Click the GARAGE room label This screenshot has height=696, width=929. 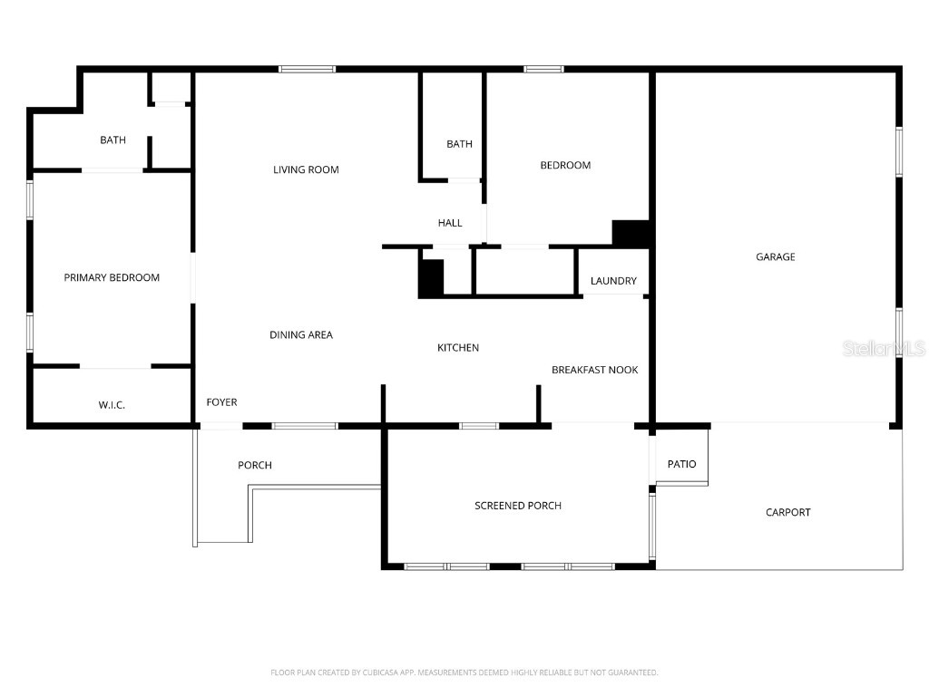[x=776, y=257]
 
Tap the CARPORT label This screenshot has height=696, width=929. [x=788, y=513]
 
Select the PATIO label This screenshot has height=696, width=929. [x=682, y=465]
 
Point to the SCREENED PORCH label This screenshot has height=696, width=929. [x=518, y=506]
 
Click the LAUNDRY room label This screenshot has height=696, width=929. [x=613, y=281]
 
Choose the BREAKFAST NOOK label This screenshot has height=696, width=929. [x=595, y=370]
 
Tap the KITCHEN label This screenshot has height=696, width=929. [x=458, y=348]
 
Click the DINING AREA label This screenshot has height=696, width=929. [x=301, y=335]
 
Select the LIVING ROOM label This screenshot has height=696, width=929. [x=306, y=169]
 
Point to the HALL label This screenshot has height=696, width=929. [x=450, y=223]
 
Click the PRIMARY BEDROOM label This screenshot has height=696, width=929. [x=112, y=278]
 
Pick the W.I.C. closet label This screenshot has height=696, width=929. [x=112, y=405]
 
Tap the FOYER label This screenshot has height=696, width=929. [x=222, y=402]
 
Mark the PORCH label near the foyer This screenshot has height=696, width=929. [x=255, y=466]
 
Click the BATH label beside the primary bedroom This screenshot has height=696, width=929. [x=113, y=140]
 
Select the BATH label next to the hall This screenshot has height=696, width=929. [x=460, y=144]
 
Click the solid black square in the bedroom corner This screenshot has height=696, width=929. [x=631, y=233]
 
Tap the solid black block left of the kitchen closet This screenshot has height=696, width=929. [x=431, y=278]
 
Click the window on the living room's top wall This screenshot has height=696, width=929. [x=307, y=69]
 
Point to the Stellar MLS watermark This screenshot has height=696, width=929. [x=884, y=349]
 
